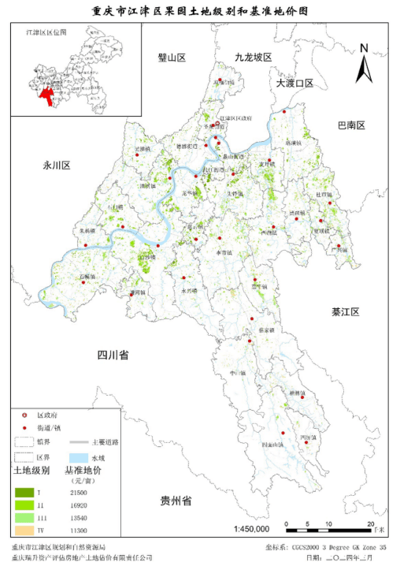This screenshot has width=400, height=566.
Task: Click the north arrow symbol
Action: pos(364,63)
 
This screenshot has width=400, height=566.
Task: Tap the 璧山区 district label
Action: pos(171,58)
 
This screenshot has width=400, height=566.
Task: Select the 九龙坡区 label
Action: pos(253,58)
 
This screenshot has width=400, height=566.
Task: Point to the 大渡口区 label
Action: pos(294,83)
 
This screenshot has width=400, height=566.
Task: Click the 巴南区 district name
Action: pos(352,125)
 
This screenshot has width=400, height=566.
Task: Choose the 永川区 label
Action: pos(57,166)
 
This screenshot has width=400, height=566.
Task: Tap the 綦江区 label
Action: pos(343,313)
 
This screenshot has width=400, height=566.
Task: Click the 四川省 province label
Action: pos(113,355)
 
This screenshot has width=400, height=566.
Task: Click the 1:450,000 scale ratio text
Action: pos(252,528)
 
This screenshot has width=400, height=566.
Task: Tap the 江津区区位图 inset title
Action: pos(46,34)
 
